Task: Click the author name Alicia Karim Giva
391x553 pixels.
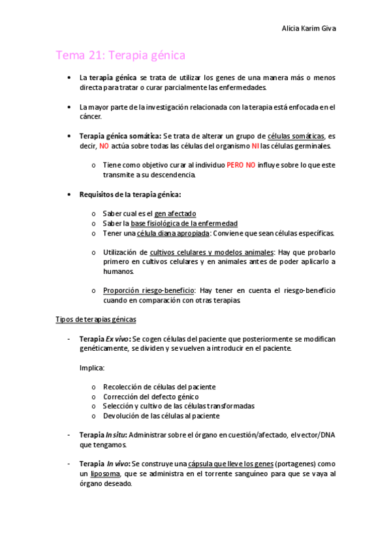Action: click(x=309, y=28)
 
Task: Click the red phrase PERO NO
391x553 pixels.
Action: click(x=241, y=166)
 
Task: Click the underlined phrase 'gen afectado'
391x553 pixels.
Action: click(x=175, y=214)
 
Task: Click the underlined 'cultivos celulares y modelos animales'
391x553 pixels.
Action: click(x=211, y=252)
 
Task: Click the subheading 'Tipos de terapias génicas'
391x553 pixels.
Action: click(x=96, y=320)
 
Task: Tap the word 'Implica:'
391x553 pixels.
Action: click(x=92, y=368)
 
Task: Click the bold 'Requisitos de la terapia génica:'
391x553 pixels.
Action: click(x=130, y=195)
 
